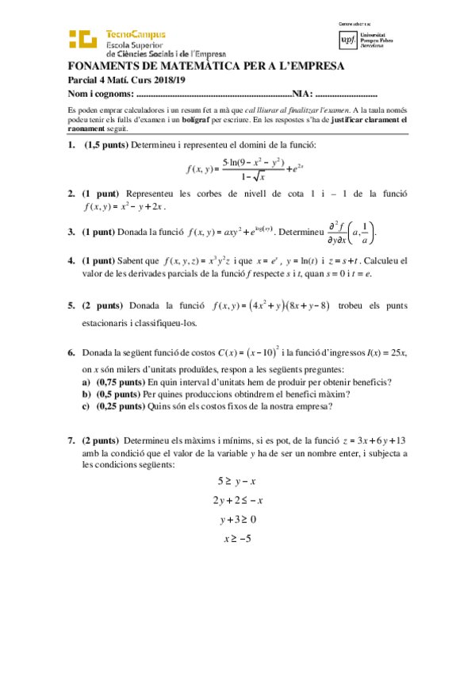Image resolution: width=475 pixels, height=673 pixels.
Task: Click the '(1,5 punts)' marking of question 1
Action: [x=106, y=144]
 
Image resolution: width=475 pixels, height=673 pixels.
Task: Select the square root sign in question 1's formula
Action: [x=259, y=175]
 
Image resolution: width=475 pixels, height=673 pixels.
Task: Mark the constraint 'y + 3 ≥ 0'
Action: [x=238, y=520]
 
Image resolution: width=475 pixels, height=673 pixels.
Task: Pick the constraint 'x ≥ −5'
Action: [x=238, y=540]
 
